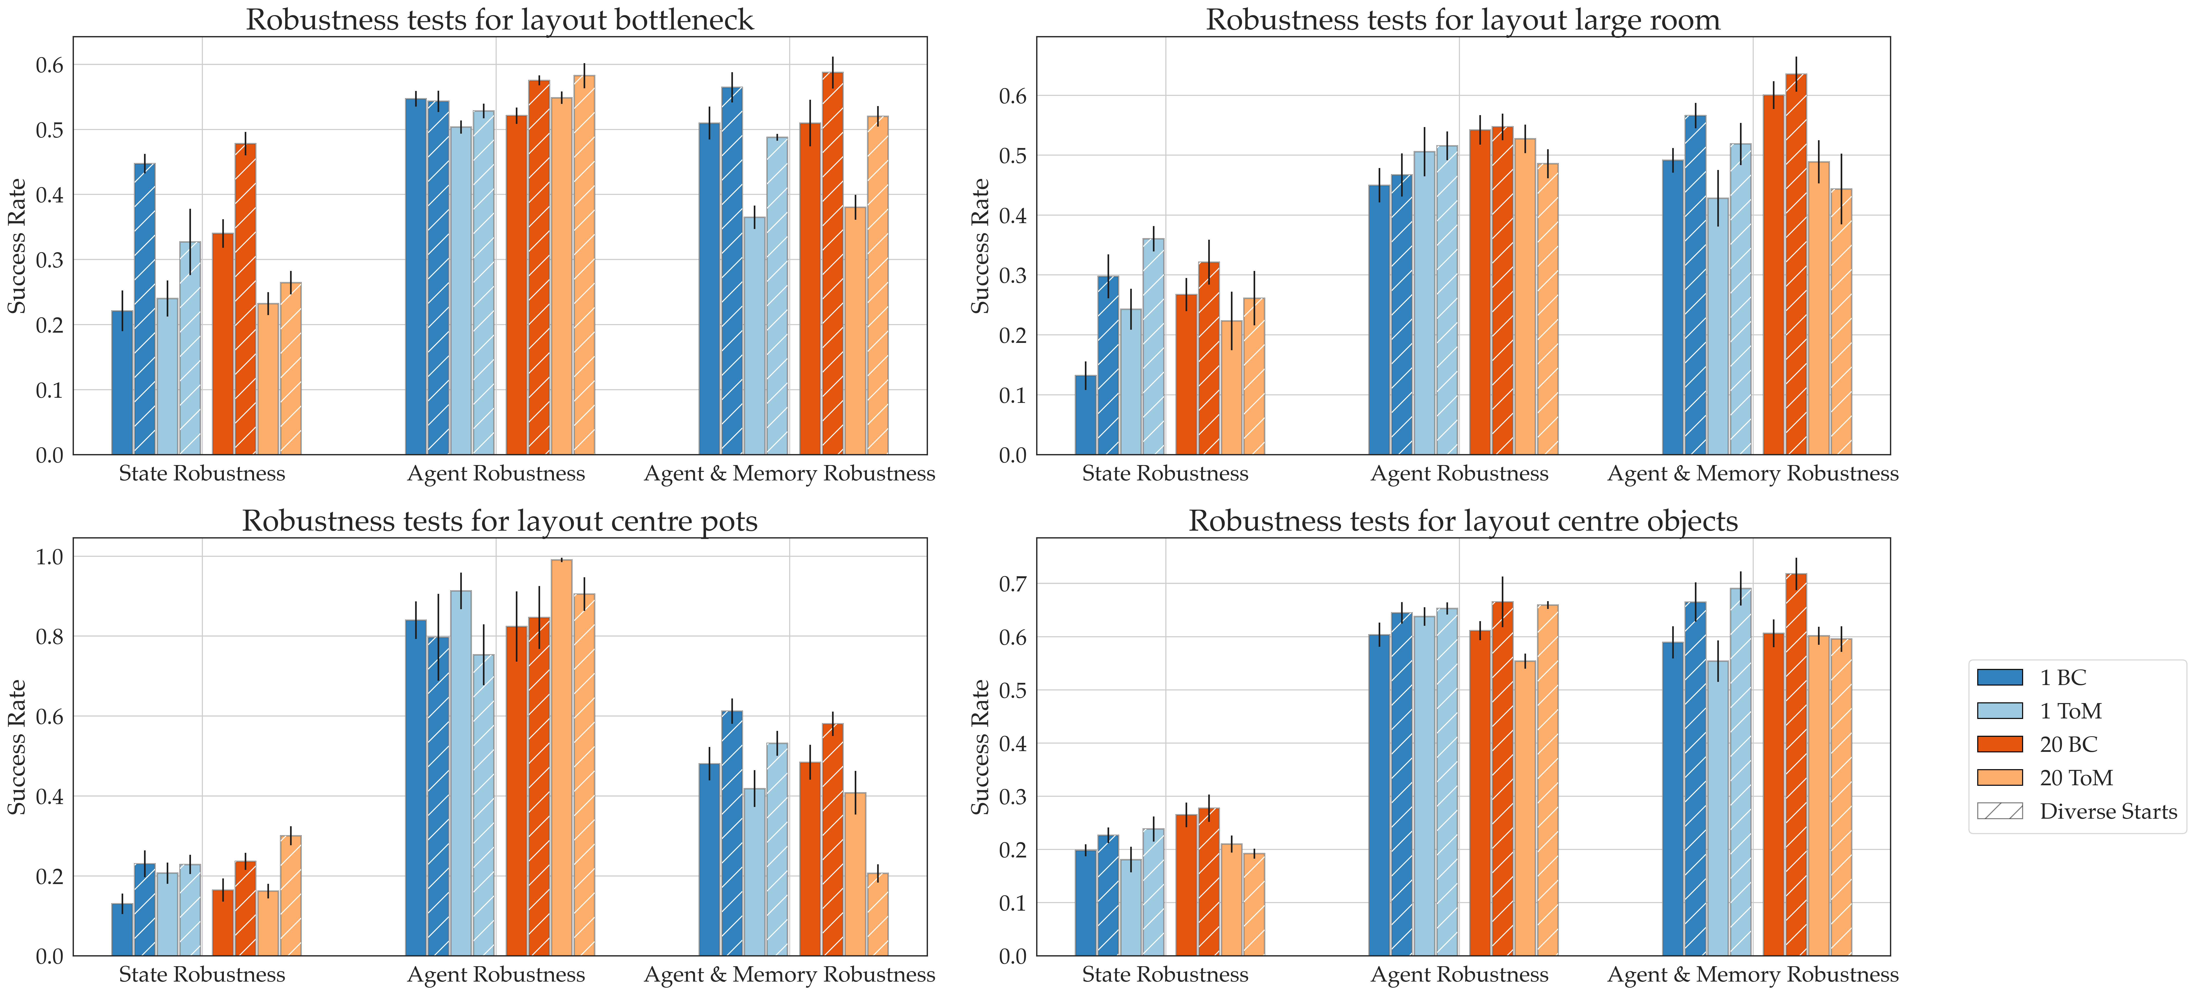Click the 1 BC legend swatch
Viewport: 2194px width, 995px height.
click(x=1999, y=677)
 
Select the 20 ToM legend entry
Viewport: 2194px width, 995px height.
click(x=2076, y=778)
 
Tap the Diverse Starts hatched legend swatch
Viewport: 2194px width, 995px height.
click(x=1999, y=811)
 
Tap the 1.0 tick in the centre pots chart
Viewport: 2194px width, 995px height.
click(x=49, y=557)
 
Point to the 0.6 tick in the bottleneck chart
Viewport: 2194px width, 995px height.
click(x=49, y=66)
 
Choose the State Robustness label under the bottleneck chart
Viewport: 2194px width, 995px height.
click(x=202, y=474)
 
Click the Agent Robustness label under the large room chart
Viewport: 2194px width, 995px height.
click(x=1459, y=474)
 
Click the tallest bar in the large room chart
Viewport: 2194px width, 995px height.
click(x=1795, y=264)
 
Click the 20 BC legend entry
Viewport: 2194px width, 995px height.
click(x=2067, y=745)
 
